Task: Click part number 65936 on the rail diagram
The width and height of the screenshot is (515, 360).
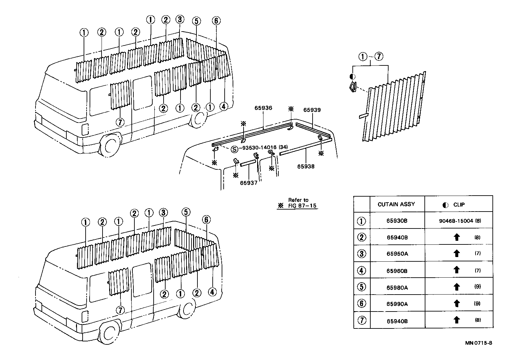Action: point(263,108)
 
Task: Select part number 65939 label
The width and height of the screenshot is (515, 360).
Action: point(312,110)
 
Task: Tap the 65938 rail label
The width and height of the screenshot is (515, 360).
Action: point(306,166)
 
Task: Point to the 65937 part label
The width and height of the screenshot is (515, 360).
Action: point(249,183)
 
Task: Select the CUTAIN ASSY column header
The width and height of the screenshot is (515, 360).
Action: point(396,204)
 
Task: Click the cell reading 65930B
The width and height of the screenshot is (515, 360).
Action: point(397,221)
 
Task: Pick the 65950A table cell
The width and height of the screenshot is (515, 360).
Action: point(397,254)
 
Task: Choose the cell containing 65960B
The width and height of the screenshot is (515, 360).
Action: point(397,271)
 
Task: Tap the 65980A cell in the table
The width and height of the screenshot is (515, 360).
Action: point(397,287)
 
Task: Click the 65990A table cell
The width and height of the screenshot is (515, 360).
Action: point(397,304)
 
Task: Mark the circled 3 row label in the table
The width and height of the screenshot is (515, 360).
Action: point(362,254)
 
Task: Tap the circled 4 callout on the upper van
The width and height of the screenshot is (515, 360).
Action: point(224,107)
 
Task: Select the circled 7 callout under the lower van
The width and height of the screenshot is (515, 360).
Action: point(120,310)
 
